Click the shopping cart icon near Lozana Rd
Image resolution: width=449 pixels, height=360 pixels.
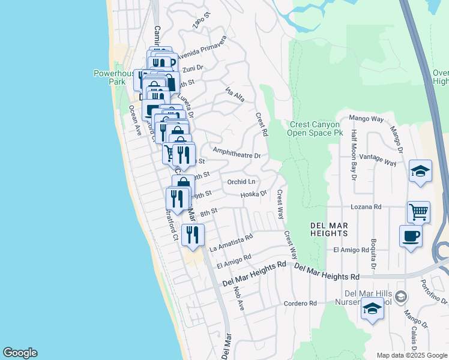coord(418,211)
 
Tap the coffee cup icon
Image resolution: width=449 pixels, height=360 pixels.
coord(411,235)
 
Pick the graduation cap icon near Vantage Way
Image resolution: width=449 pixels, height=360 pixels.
coord(420,171)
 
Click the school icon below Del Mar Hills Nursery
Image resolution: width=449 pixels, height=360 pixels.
coord(372,309)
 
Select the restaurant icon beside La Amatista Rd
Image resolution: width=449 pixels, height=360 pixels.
coord(193,234)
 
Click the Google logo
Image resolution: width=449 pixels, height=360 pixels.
coord(20,353)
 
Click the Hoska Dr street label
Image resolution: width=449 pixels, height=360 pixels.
coord(253,194)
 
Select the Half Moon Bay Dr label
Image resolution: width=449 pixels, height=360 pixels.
coord(354,155)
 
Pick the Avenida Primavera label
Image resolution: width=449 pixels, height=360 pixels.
coord(201,46)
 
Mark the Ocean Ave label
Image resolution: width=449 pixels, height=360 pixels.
coord(134,119)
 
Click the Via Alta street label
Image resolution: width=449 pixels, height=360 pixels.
coord(235,94)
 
